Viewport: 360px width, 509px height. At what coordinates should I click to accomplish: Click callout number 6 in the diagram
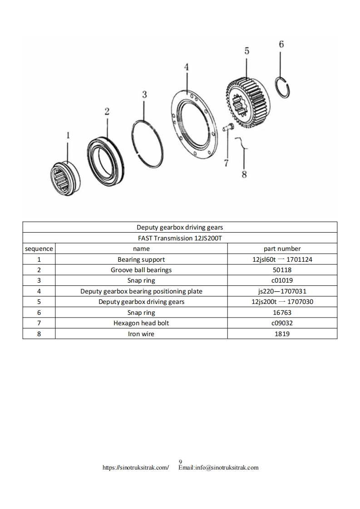coord(281,44)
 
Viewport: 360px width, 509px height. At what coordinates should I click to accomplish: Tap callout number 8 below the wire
coord(244,174)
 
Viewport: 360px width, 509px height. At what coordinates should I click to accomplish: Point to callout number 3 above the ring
coord(144,94)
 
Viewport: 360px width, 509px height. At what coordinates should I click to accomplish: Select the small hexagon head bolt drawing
coord(228,126)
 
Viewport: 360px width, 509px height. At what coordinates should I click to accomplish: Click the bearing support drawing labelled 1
coord(64,178)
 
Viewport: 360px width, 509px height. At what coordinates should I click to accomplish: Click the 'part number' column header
coord(282,249)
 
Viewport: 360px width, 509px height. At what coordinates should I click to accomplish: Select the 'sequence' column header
coord(39,249)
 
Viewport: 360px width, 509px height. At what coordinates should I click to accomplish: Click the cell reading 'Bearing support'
coord(141,259)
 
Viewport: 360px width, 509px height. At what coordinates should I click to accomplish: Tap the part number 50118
coord(282,270)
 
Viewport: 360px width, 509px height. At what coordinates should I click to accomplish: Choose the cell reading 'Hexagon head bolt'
coord(141,323)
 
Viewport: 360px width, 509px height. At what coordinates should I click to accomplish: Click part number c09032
coord(282,323)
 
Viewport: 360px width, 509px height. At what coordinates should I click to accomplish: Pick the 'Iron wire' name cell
coord(141,334)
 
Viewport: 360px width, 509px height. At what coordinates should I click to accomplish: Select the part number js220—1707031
coord(282,291)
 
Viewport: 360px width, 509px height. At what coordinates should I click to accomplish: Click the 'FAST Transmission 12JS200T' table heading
coord(180,238)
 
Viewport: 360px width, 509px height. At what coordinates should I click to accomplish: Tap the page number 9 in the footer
coord(181,461)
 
